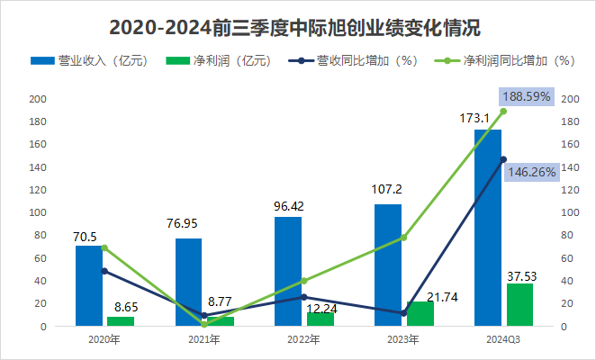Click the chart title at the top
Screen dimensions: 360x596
[x=298, y=26]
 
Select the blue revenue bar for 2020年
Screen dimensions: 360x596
[x=88, y=285]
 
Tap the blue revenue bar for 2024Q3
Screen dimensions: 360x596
[x=487, y=228]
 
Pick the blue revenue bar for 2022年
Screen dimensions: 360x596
[x=288, y=271]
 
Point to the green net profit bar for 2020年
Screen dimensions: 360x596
[x=120, y=321]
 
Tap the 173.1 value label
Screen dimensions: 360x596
[x=487, y=118]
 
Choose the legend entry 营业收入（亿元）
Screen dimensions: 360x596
[x=81, y=61]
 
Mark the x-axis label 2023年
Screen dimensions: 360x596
[x=403, y=339]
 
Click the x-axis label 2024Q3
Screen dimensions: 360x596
[x=502, y=339]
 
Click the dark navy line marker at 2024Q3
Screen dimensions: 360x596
[x=503, y=159]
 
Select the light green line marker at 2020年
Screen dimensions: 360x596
[x=104, y=247]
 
